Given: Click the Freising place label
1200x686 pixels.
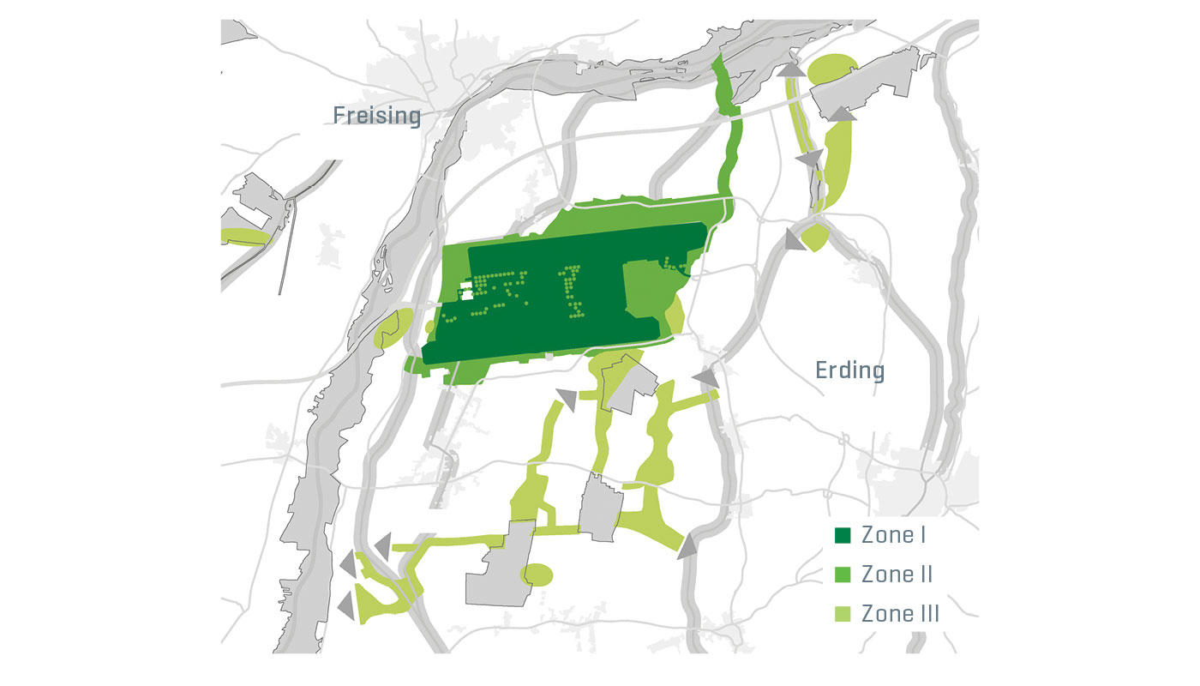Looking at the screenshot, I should pyautogui.click(x=377, y=115).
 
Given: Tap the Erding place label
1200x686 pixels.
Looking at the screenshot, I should pyautogui.click(x=849, y=370).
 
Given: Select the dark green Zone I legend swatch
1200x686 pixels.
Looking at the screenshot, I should pyautogui.click(x=843, y=536).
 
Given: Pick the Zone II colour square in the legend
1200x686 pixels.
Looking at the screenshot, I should pyautogui.click(x=843, y=575).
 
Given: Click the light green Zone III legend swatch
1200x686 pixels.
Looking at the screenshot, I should pyautogui.click(x=843, y=614).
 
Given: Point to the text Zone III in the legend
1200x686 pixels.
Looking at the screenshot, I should pyautogui.click(x=900, y=614).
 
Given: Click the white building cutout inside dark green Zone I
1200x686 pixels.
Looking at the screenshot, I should pyautogui.click(x=465, y=292).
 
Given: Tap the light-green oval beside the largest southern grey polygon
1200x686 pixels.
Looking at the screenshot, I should pyautogui.click(x=537, y=574).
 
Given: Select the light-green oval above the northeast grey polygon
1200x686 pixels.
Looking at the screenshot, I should pyautogui.click(x=831, y=69).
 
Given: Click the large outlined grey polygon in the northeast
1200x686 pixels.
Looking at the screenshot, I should pyautogui.click(x=866, y=86).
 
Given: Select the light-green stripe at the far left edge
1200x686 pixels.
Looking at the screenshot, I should pyautogui.click(x=244, y=236).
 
